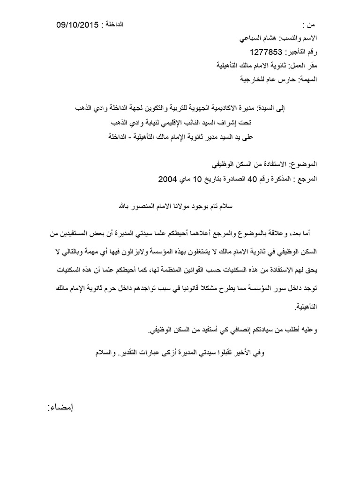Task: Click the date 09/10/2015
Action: [x=77, y=24]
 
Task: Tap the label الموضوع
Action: [x=305, y=165]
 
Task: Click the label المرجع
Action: [x=307, y=179]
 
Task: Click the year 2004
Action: [x=169, y=179]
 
